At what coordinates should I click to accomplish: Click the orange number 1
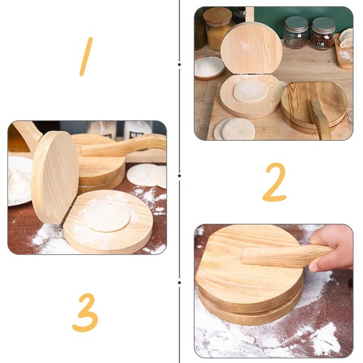point(87,56)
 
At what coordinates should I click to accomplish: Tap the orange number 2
point(274,182)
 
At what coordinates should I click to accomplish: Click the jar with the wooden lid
point(217,27)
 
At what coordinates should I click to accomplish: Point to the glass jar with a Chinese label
point(322,34)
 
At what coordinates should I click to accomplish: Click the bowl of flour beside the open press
point(209,67)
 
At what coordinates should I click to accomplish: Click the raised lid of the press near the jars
point(251,48)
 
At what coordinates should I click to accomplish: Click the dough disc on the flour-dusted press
point(106,217)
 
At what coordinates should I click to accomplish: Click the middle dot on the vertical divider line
point(180,175)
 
